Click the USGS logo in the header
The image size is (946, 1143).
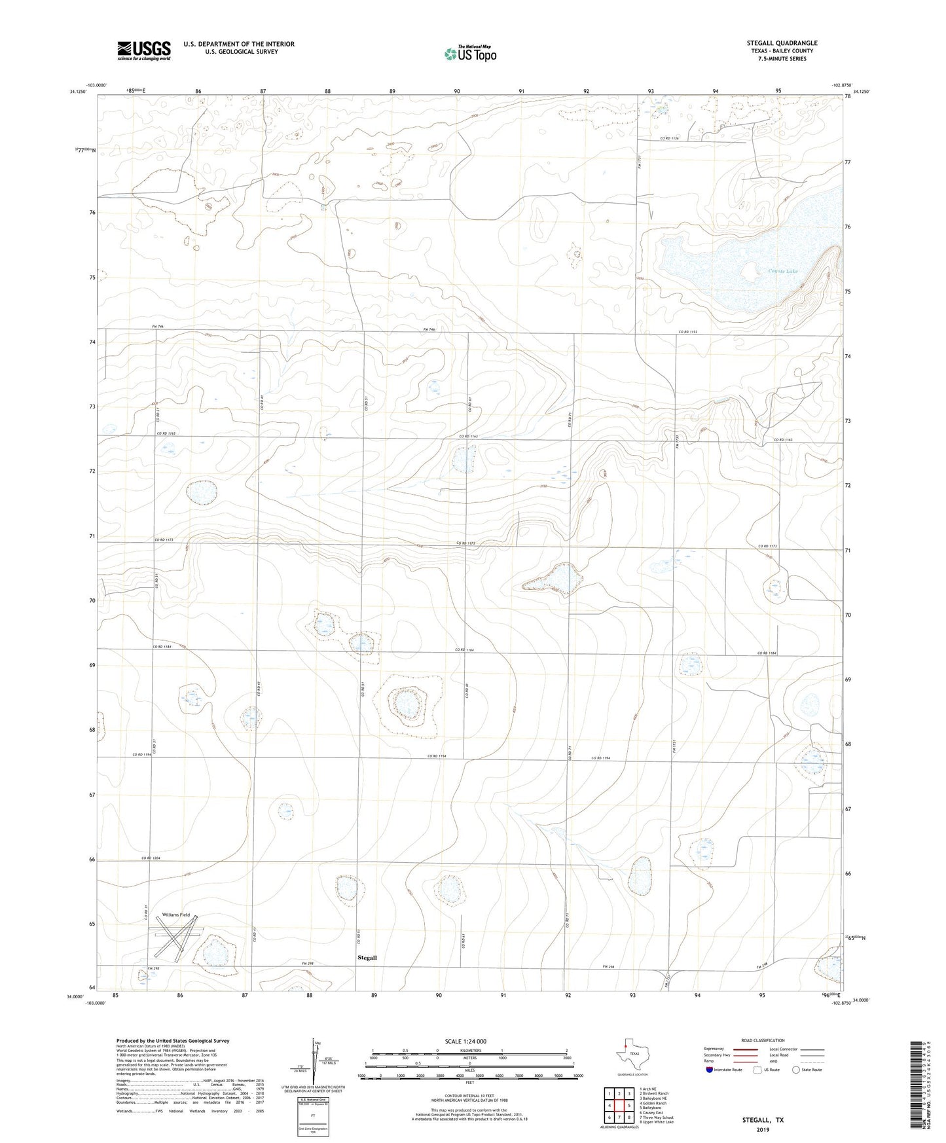(144, 50)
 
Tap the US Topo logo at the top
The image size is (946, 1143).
(469, 54)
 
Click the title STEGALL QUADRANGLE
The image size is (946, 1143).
(782, 43)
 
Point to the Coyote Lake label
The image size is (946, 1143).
(783, 270)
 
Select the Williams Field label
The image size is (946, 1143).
(177, 915)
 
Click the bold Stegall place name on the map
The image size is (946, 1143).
(367, 958)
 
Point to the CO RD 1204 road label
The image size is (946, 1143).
(151, 858)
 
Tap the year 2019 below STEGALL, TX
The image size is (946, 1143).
(763, 1129)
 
